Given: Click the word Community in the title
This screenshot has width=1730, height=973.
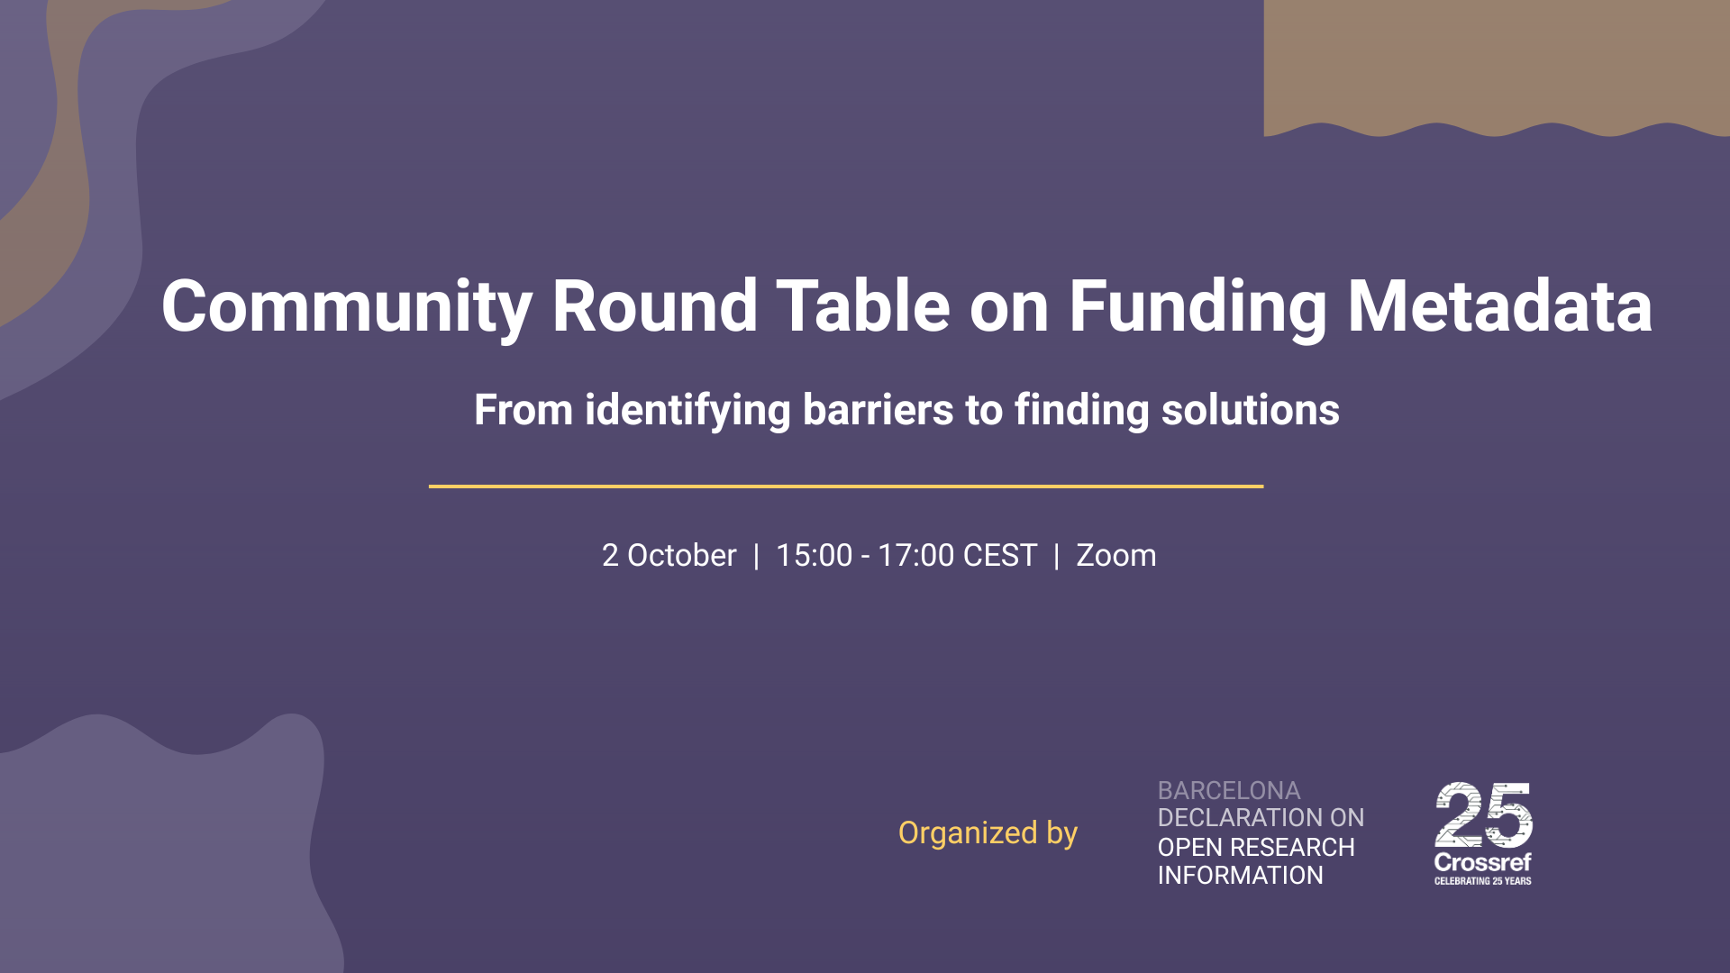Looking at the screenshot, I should pos(346,308).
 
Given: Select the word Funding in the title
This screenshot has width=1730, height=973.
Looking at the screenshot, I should pos(1197,308).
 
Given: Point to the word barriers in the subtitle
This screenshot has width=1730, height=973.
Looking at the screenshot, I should pos(878,410).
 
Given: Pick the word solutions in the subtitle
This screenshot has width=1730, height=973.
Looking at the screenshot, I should pos(1250,410).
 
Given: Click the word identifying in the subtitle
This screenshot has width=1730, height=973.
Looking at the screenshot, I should pos(687,412).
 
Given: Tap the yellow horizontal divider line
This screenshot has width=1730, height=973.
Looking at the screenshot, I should pos(845,486).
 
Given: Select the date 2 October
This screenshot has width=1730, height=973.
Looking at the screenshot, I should pos(669,556).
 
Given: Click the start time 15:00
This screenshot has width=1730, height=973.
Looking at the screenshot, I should pos(814,556).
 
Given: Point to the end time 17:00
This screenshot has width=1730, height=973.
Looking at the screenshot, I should pos(915,556).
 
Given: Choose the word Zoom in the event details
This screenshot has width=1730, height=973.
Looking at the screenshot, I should pos(1115,556).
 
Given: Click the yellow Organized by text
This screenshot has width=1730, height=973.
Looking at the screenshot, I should pos(988,833).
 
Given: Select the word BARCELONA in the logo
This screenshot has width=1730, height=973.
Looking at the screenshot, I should pos(1228,791).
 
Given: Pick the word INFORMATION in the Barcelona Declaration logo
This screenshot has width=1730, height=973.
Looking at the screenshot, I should pos(1240,876).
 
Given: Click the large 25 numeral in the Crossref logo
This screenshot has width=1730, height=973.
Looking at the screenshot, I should pos(1483,814).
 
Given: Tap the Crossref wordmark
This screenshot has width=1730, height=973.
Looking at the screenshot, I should pos(1482,862).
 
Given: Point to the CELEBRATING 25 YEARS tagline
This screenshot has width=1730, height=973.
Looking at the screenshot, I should pos(1482,881).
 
